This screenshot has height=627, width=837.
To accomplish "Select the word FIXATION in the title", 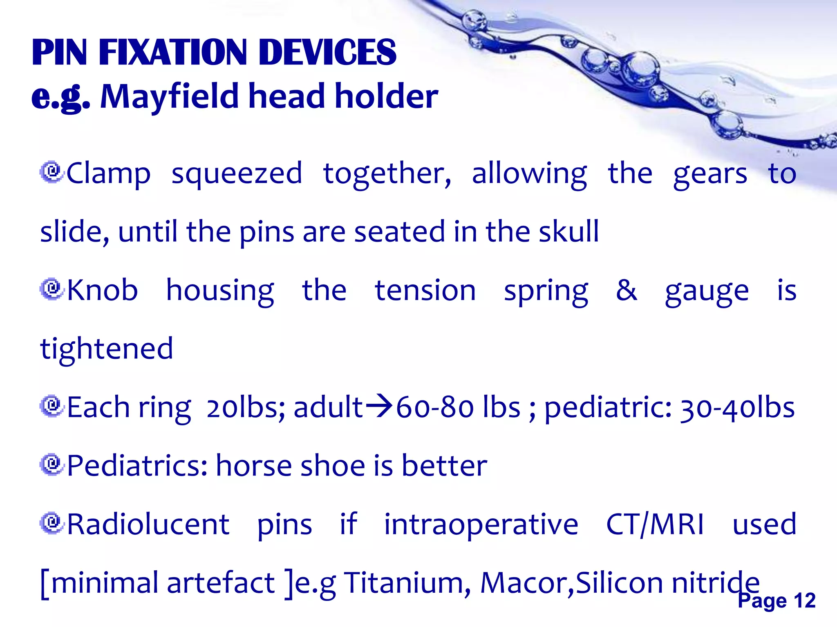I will pyautogui.click(x=173, y=52).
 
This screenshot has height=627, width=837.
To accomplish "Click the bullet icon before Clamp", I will pyautogui.click(x=51, y=172).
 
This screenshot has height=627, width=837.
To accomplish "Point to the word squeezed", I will pyautogui.click(x=237, y=174).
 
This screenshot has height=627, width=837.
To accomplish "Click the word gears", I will pyautogui.click(x=710, y=174).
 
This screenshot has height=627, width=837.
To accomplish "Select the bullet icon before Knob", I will pyautogui.click(x=51, y=289).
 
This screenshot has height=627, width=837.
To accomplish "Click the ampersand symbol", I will pyautogui.click(x=626, y=290).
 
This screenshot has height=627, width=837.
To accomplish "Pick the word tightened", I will pyautogui.click(x=107, y=349).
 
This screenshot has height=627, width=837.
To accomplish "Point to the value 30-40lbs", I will pyautogui.click(x=737, y=407).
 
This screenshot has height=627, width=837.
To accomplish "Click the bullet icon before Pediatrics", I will pyautogui.click(x=51, y=465).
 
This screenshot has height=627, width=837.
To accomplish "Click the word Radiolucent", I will pyautogui.click(x=148, y=524).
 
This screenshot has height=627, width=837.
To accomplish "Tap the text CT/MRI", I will pyautogui.click(x=655, y=524).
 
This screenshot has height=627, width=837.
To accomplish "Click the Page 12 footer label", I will pyautogui.click(x=777, y=600).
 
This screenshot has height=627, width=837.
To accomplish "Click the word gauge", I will pyautogui.click(x=707, y=291).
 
